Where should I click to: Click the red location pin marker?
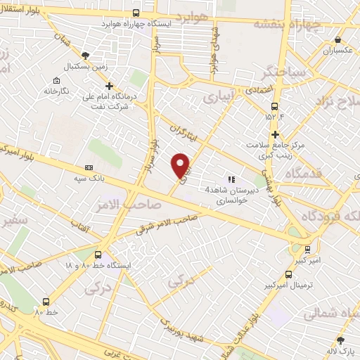pos(181,165)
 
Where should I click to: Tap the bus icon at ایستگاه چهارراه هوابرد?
pos(136,12)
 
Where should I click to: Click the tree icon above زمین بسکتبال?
pos(86,54)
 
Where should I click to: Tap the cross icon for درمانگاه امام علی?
pos(109,86)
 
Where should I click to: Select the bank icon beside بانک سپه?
pos(89,167)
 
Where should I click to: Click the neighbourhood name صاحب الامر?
pos(136,205)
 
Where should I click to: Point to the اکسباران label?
pos(335,51)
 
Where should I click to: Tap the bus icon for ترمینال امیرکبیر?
pos(288,275)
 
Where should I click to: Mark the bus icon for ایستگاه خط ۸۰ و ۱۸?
pos(98,255)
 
